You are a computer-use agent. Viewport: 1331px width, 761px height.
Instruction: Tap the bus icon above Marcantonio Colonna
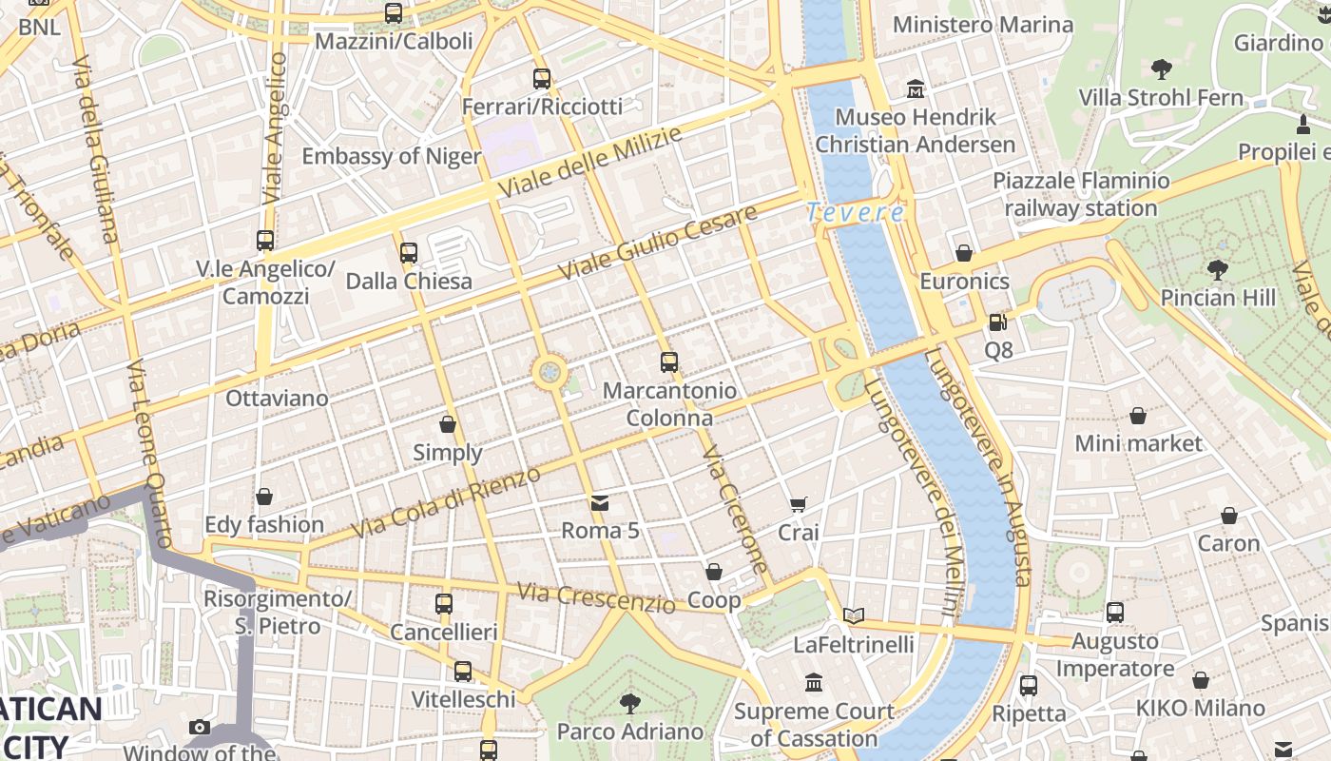point(669,362)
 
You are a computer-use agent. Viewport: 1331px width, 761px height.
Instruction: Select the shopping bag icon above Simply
point(448,424)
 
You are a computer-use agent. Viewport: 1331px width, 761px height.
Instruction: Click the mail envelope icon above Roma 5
point(599,502)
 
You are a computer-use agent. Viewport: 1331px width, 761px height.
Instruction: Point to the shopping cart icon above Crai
point(799,504)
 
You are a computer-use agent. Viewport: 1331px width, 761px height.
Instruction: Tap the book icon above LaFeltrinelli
point(854,616)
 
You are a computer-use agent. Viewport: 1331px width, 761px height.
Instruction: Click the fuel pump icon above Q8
point(997,322)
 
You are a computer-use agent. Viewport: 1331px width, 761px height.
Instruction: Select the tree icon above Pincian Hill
point(1217,269)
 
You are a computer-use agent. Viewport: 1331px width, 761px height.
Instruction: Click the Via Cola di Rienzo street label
point(446,501)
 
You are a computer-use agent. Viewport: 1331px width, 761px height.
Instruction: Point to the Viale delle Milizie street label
point(589,163)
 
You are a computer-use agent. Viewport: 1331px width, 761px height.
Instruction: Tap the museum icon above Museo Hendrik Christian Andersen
point(915,89)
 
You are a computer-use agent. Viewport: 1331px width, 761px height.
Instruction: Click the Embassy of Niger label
point(392,156)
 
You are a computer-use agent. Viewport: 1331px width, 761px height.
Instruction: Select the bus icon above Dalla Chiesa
point(409,253)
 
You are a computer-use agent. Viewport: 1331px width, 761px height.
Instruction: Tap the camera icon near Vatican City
point(200,728)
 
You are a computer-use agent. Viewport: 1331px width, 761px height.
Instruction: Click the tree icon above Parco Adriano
point(629,704)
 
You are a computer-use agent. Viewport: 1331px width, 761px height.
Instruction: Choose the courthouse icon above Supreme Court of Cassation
point(814,683)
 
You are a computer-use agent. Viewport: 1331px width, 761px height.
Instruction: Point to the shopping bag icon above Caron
point(1229,516)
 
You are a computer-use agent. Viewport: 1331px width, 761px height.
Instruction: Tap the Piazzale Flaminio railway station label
point(1081,194)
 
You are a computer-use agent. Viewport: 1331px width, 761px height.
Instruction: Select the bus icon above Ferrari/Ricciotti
point(542,79)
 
